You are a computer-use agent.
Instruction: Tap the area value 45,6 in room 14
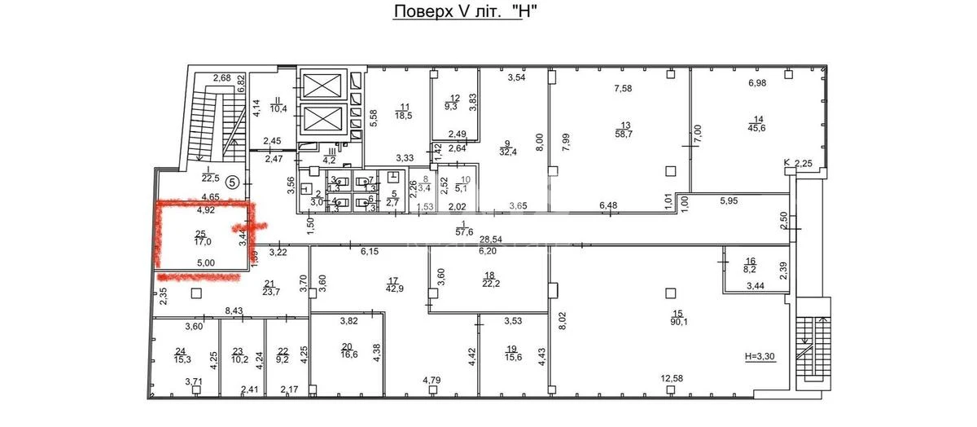click(x=758, y=126)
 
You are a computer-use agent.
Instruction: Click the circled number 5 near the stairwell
click(x=232, y=183)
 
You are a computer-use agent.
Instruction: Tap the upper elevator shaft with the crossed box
click(x=323, y=83)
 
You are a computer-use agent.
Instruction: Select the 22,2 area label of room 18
click(x=489, y=283)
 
